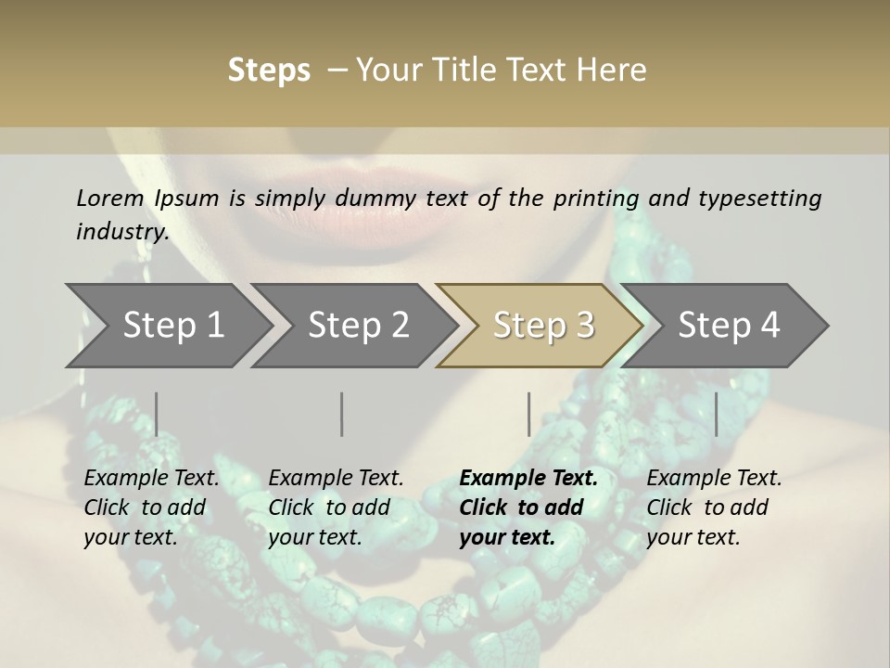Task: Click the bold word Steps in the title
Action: click(269, 70)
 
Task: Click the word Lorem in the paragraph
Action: click(110, 198)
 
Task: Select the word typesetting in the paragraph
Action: click(759, 199)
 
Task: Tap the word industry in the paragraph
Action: click(121, 232)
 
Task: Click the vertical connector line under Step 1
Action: click(156, 414)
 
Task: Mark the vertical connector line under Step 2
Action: click(342, 414)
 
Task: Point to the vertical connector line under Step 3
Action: click(528, 414)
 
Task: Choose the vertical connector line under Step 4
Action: click(716, 414)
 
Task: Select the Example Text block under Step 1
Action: click(151, 507)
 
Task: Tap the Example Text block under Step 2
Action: click(336, 507)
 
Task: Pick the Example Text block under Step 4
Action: click(714, 507)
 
